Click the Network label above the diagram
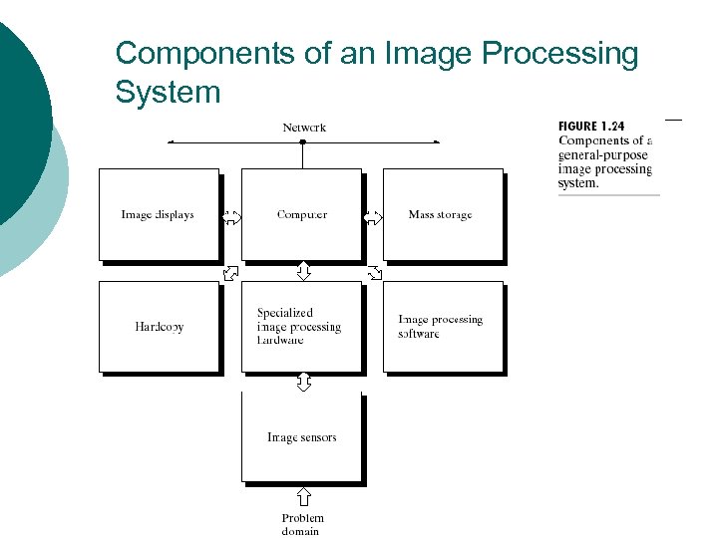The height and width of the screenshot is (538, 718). click(304, 128)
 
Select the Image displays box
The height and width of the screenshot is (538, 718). click(158, 214)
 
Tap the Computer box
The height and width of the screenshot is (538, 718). click(301, 214)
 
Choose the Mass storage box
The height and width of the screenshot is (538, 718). click(442, 214)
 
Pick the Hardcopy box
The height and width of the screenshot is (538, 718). click(159, 327)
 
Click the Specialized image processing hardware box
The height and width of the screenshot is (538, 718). click(301, 327)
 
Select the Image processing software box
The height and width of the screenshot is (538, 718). click(442, 327)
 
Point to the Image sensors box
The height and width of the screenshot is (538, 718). click(301, 437)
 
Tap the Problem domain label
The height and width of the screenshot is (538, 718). click(302, 524)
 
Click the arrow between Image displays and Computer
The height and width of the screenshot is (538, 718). click(230, 216)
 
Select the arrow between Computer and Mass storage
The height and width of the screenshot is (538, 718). click(372, 216)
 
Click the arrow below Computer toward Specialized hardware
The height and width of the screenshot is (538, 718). click(303, 271)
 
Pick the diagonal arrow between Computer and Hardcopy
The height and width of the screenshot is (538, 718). click(230, 271)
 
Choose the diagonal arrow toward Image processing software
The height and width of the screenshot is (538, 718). click(374, 271)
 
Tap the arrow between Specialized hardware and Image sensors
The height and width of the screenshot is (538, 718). click(303, 382)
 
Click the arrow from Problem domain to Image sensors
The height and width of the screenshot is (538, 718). click(303, 496)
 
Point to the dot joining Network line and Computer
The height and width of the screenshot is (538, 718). click(302, 142)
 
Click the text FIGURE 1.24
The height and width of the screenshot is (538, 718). click(591, 127)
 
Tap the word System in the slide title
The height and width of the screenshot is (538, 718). click(168, 92)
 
